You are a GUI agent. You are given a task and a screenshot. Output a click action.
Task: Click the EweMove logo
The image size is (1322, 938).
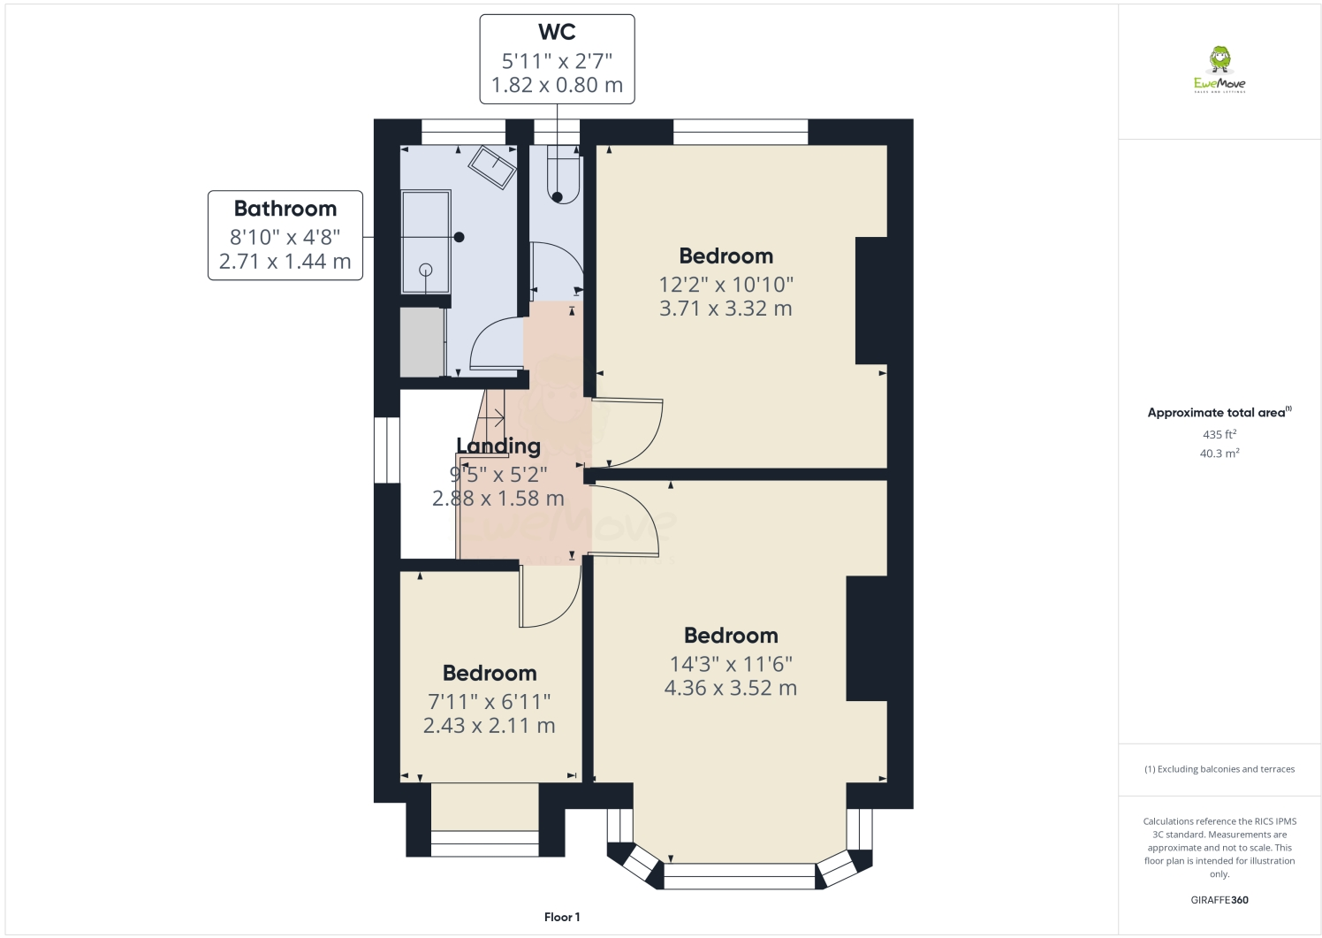coord(1219,71)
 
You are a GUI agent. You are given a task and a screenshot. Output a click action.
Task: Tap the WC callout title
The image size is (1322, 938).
coord(557,33)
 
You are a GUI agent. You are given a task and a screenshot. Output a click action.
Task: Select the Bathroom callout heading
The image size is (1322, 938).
coord(285,209)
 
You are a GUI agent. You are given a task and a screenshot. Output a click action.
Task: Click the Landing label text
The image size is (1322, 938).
coord(498,446)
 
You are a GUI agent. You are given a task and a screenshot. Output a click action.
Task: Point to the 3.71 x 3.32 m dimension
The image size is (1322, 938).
coord(726,309)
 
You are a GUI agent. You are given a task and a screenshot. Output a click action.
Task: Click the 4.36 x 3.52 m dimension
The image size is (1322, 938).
coord(730,688)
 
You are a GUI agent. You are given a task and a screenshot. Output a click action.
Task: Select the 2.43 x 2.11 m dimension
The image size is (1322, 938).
coord(489,726)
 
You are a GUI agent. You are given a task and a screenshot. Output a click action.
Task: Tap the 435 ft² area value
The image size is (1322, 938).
coord(1219,434)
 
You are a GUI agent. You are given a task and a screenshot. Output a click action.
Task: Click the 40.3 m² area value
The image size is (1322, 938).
coord(1219,454)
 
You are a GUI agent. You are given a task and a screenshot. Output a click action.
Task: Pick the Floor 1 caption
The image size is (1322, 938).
coord(562,917)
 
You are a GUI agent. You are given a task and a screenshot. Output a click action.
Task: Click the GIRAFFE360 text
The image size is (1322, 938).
coord(1219,900)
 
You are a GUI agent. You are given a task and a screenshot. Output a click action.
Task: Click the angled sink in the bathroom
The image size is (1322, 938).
coord(492,166)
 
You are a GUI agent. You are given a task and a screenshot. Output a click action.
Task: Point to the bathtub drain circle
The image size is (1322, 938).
coord(426,270)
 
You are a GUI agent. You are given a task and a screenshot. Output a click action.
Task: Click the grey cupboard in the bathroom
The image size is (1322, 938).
coord(422,341)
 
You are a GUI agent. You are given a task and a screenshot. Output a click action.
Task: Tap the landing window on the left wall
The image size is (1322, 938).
coord(387,450)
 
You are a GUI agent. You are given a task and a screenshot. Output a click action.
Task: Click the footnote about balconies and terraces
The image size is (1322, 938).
coord(1219,769)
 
